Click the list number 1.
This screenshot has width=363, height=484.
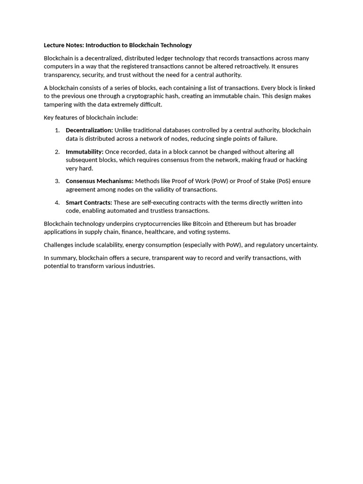(x=57, y=130)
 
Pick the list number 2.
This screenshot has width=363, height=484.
(x=57, y=152)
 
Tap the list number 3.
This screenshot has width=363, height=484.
(x=57, y=181)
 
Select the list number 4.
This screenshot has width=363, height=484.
(x=57, y=203)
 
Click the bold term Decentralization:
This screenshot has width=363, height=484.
(x=89, y=130)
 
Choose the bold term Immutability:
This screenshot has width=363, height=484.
(x=85, y=152)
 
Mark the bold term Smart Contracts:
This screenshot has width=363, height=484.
(x=89, y=203)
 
